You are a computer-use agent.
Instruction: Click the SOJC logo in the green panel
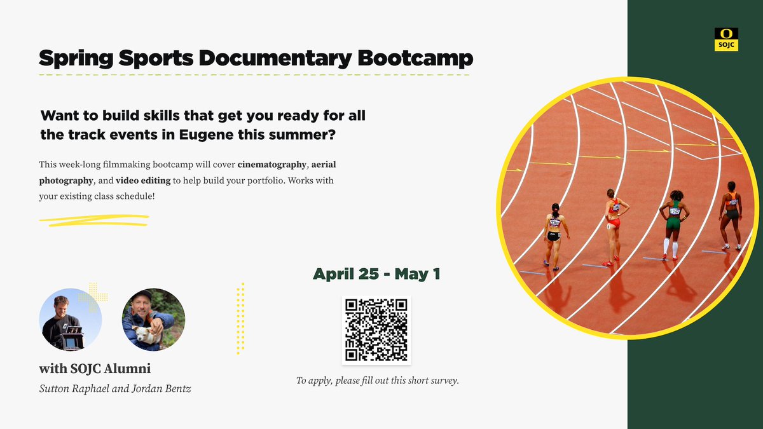pyautogui.click(x=726, y=39)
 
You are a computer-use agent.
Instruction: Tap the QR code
pyautogui.click(x=376, y=330)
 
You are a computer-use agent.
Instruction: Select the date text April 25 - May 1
pyautogui.click(x=376, y=275)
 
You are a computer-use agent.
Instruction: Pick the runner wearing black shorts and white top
pyautogui.click(x=554, y=232)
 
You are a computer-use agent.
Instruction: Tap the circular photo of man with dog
pyautogui.click(x=153, y=319)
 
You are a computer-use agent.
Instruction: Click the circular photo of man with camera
pyautogui.click(x=71, y=319)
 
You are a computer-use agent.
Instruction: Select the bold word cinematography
pyautogui.click(x=276, y=165)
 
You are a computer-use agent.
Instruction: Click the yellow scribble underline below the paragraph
pyautogui.click(x=93, y=220)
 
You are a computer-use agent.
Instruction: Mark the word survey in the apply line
pyautogui.click(x=443, y=381)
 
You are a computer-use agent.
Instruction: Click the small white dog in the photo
pyautogui.click(x=146, y=335)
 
